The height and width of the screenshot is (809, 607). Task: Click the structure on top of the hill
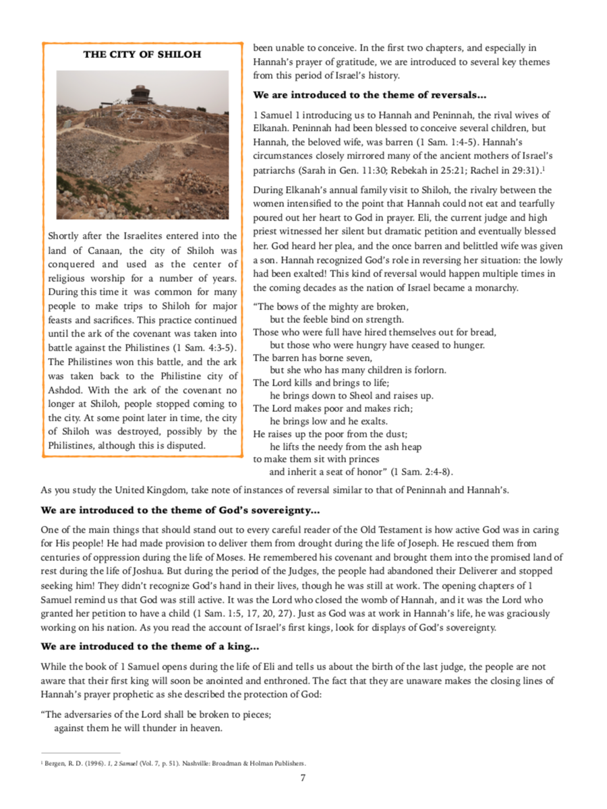[x=140, y=95]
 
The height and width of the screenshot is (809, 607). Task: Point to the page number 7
[x=303, y=778]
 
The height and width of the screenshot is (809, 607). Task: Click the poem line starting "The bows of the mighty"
[x=330, y=307]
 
